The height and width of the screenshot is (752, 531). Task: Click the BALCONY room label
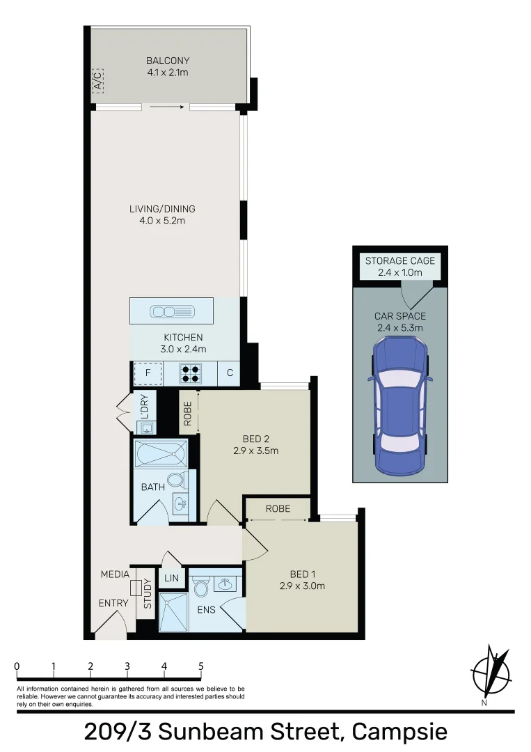click(167, 61)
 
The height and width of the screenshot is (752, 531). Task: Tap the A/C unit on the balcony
click(98, 81)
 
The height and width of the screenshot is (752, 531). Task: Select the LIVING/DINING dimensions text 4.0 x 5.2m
click(161, 221)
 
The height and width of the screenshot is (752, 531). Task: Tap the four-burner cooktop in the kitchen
click(190, 374)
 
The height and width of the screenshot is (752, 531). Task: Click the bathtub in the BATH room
click(161, 455)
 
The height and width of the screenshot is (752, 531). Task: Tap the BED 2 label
click(255, 439)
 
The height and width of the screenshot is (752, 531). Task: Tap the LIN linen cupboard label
click(170, 578)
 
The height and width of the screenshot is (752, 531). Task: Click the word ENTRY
click(113, 603)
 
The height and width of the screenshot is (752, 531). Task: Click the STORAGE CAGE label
click(399, 261)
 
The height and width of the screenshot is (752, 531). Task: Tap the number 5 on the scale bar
click(201, 666)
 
